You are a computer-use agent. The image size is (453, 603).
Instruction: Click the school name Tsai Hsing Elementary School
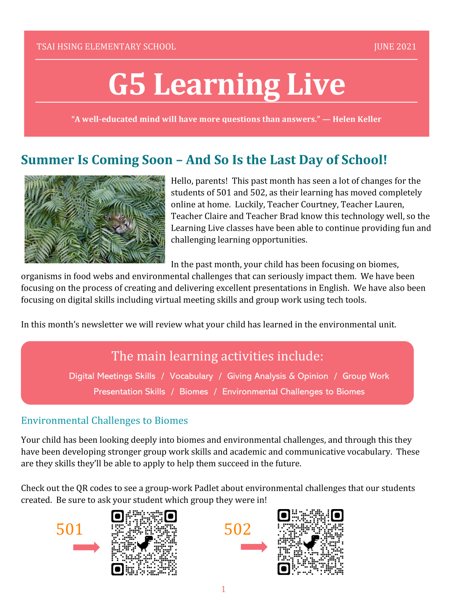tap(106, 47)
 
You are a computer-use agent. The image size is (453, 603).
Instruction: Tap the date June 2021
tap(395, 47)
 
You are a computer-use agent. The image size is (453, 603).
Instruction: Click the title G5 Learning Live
tap(226, 84)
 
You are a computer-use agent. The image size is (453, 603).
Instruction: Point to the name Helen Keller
tap(357, 119)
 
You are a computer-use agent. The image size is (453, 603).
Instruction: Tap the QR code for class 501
tap(144, 543)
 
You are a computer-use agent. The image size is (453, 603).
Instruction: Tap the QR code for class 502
tap(310, 542)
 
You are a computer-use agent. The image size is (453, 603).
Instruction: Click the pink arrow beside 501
tap(86, 547)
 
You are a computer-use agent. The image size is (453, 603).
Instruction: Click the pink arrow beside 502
tap(254, 547)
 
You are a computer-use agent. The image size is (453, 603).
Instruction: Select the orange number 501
tap(70, 529)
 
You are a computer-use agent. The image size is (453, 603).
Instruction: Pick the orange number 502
tap(237, 529)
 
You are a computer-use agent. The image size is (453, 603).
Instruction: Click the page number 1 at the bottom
tap(224, 589)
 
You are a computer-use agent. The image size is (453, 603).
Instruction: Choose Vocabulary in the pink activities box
tap(191, 376)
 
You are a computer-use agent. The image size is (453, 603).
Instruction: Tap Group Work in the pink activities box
tap(366, 376)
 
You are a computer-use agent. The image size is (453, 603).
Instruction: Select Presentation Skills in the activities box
tap(129, 392)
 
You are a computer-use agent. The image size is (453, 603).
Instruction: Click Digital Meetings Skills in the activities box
tap(112, 376)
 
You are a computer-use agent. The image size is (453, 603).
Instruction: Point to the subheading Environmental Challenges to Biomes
tap(104, 421)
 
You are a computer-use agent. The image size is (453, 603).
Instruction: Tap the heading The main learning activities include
tap(217, 356)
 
